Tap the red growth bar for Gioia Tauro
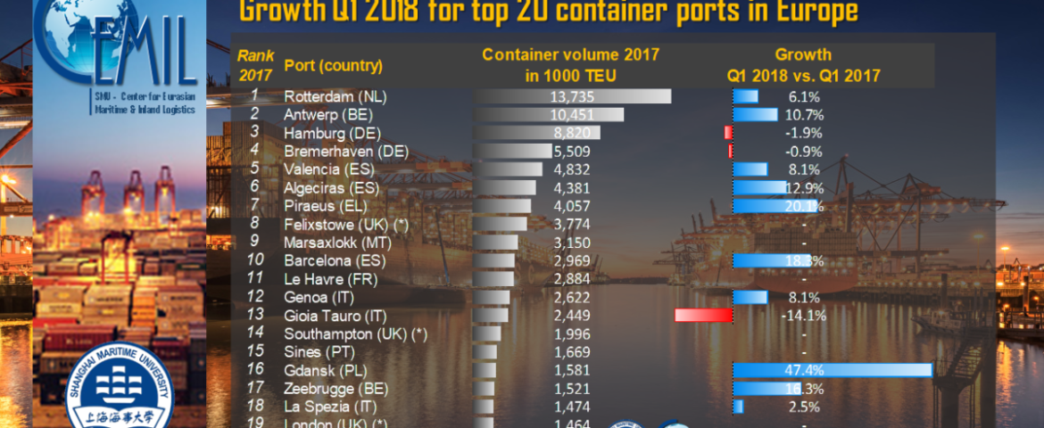pos(703,315)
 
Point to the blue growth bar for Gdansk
pos(832,370)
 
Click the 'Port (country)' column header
pos(333,66)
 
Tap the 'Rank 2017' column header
pos(255,65)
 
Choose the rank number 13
pos(254,315)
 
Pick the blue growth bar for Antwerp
pos(755,114)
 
